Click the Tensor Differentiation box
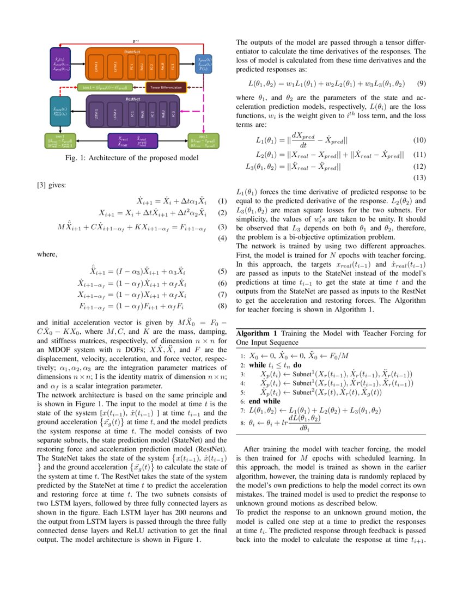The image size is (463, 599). [x=166, y=87]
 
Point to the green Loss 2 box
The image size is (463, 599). [x=203, y=140]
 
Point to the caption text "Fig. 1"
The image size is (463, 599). [x=74, y=158]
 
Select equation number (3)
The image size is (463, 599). [x=222, y=227]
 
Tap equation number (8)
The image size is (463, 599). [x=222, y=307]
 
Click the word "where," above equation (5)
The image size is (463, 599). [x=47, y=254]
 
